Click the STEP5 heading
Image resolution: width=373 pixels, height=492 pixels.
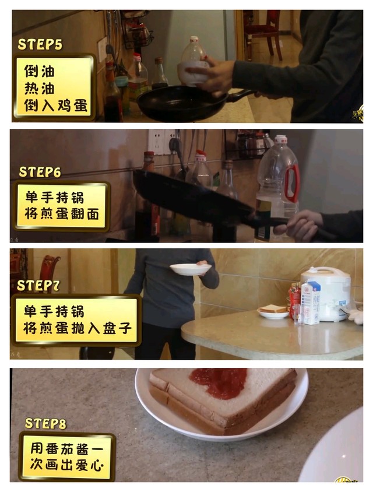click(x=40, y=44)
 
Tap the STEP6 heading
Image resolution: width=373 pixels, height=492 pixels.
click(x=40, y=172)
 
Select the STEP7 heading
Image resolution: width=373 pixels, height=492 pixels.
click(x=38, y=286)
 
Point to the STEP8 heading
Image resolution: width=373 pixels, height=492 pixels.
click(x=45, y=424)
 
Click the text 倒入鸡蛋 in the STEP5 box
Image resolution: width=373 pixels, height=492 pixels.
click(x=56, y=106)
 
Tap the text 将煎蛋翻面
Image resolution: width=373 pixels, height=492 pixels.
click(x=62, y=214)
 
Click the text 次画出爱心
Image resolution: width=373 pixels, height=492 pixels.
click(x=66, y=465)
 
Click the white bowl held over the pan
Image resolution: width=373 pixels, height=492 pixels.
click(x=192, y=72)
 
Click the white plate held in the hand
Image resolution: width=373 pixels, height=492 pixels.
click(x=191, y=269)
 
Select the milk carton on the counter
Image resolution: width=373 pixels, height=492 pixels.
click(x=311, y=302)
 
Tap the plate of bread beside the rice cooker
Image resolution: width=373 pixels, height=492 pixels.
click(x=273, y=311)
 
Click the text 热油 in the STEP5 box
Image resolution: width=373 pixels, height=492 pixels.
click(x=40, y=89)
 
